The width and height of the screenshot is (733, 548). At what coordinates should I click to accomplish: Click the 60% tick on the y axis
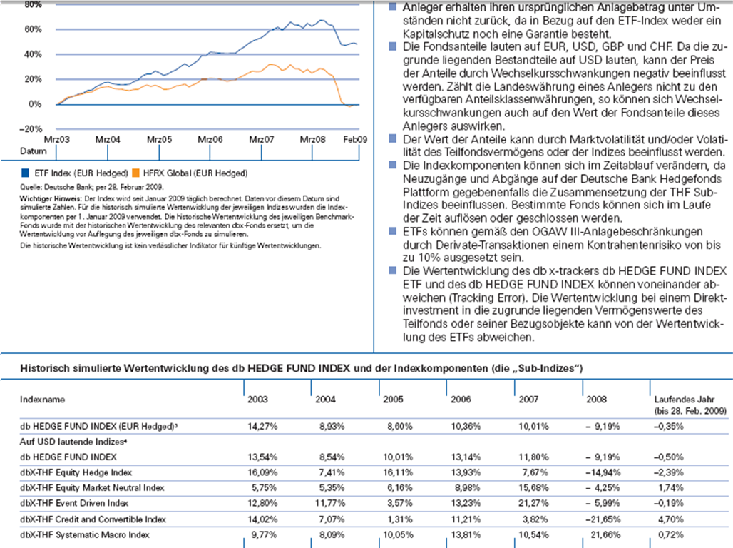tap(31, 29)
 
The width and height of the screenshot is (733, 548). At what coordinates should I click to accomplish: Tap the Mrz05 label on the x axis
tap(159, 140)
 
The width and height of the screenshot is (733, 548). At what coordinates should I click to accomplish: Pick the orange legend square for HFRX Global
tap(136, 173)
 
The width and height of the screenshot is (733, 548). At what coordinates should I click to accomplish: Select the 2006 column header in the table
tap(461, 400)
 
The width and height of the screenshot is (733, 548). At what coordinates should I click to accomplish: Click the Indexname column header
tap(41, 400)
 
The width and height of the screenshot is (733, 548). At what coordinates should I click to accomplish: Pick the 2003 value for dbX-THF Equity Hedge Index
tap(262, 472)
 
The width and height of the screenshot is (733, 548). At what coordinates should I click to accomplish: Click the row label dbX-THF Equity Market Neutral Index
tap(92, 488)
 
